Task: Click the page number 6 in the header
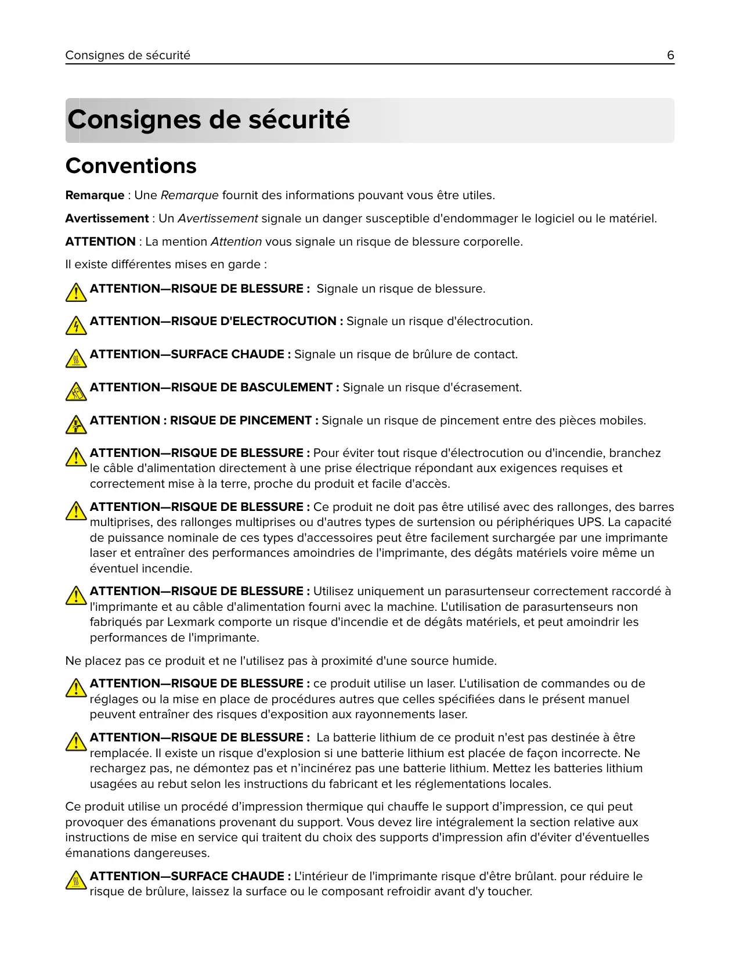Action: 670,55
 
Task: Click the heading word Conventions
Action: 131,166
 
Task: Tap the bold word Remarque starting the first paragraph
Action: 95,196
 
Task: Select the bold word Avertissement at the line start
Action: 107,219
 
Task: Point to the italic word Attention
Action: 236,242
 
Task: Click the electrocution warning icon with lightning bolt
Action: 76,326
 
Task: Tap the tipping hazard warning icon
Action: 76,392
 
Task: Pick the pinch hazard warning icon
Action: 76,425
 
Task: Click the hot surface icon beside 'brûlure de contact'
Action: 76,359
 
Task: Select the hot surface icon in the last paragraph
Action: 76,881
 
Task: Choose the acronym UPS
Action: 591,523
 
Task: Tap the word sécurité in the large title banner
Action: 299,120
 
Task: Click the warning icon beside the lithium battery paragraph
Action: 76,742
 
